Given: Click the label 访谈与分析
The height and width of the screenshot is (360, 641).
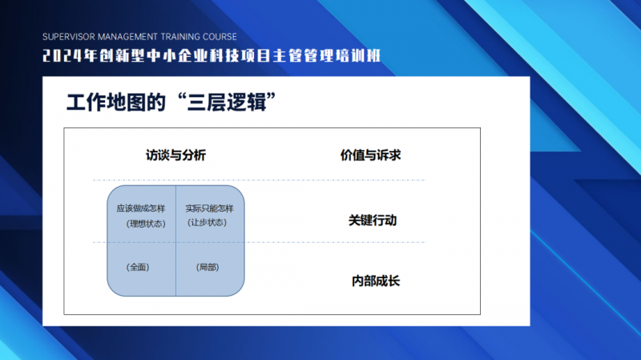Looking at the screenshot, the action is tap(175, 156).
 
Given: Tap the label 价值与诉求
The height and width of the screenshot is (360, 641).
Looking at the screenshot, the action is tap(371, 156).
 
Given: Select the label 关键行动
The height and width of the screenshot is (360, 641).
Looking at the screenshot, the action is tap(373, 220).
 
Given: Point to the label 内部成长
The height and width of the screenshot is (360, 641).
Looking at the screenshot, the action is tap(376, 281).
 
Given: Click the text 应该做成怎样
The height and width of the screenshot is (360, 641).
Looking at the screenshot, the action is tap(141, 208).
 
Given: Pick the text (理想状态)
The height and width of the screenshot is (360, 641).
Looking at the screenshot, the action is tap(146, 224).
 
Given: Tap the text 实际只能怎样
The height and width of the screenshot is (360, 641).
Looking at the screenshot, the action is tap(209, 208).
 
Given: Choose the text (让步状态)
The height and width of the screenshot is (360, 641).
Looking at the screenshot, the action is tap(207, 223).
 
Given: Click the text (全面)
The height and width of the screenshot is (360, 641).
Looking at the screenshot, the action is tap(138, 268).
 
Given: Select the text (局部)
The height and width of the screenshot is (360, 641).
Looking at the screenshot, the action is tap(208, 268).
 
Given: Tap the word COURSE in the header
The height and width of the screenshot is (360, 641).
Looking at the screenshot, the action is tap(220, 37).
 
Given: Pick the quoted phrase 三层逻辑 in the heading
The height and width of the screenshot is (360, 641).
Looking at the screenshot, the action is tap(228, 103).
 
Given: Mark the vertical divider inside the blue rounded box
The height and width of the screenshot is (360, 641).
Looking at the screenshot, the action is tap(175, 241).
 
